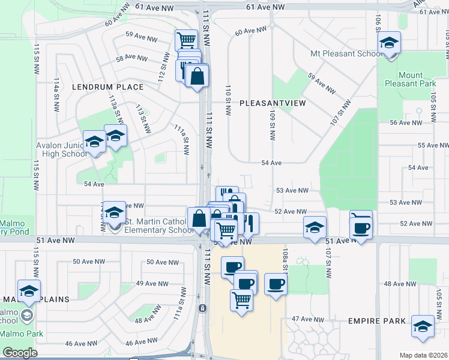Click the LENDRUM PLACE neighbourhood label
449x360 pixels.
tap(108, 87)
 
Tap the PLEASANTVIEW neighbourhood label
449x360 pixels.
tap(273, 103)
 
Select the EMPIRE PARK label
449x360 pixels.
tap(377, 322)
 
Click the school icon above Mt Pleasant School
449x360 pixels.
tap(390, 43)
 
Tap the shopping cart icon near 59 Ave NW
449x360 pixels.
tap(186, 41)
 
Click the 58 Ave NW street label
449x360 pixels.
tap(131, 58)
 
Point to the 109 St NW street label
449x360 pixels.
tap(273, 125)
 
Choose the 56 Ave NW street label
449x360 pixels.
tap(406, 122)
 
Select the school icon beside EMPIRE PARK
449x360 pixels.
tap(423, 326)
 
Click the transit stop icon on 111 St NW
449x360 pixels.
tap(203, 308)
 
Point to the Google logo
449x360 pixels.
tap(19, 353)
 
